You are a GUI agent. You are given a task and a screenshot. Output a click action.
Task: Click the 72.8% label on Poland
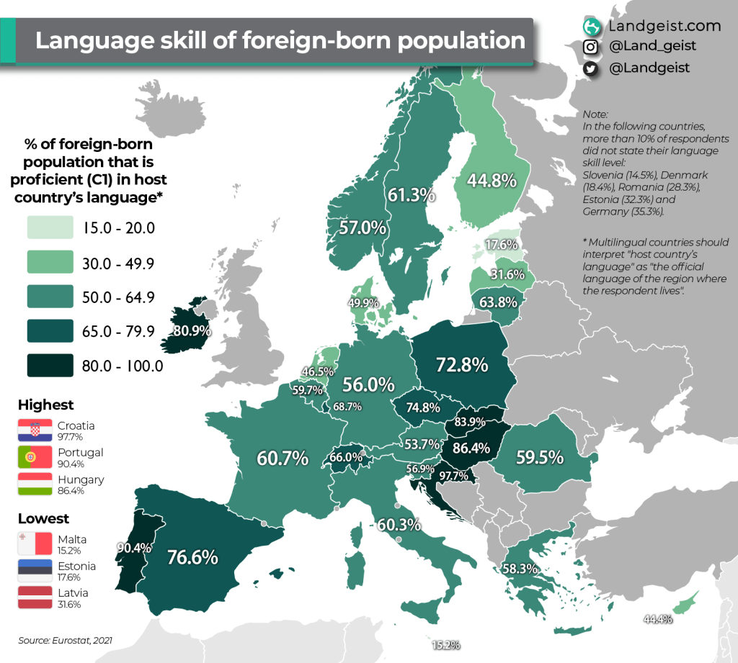click(x=462, y=365)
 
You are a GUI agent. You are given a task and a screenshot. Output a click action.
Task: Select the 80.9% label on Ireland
click(x=192, y=332)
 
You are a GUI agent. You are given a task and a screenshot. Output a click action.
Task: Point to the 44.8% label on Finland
click(x=492, y=181)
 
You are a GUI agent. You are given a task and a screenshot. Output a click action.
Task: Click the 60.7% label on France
click(x=283, y=457)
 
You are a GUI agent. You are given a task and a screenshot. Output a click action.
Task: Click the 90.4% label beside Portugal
click(x=134, y=548)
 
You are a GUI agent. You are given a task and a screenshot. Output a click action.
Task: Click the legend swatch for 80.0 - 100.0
click(x=50, y=365)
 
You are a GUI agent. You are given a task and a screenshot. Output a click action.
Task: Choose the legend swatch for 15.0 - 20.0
click(x=50, y=228)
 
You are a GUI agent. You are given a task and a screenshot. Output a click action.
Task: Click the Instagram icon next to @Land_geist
click(x=591, y=47)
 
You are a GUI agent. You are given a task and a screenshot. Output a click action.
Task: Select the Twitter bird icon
click(x=591, y=68)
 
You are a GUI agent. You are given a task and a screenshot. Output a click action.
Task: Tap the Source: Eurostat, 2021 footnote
click(x=66, y=639)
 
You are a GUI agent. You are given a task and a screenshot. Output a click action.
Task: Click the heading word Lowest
click(x=43, y=518)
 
